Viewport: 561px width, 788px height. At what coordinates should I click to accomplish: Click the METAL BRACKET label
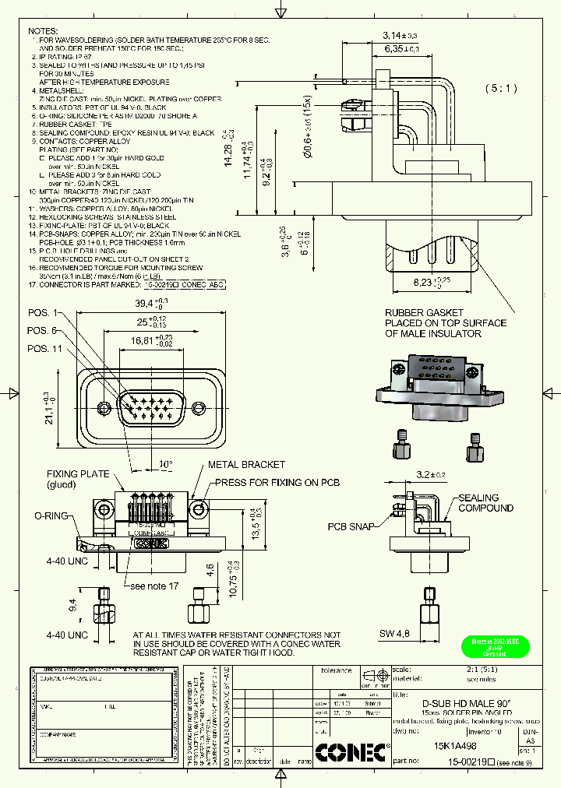pos(246,465)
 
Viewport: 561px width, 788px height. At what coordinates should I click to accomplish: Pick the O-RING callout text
pos(51,515)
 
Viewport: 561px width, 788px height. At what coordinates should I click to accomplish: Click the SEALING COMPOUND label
pos(485,503)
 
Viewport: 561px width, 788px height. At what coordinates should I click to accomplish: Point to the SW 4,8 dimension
pos(395,634)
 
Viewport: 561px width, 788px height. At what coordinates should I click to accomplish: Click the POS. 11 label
pos(45,348)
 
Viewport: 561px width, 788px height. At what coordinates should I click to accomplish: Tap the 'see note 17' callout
pos(154,586)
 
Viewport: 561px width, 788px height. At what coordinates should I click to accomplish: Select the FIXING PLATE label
pos(72,473)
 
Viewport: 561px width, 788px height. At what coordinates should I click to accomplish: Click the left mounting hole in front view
pos(105,407)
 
